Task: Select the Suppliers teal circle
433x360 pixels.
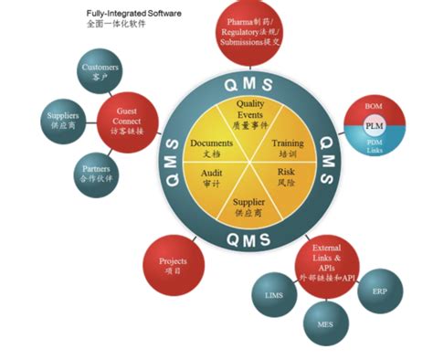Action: (62, 122)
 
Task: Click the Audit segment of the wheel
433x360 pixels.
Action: (212, 176)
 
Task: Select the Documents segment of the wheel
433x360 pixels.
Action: (212, 149)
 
